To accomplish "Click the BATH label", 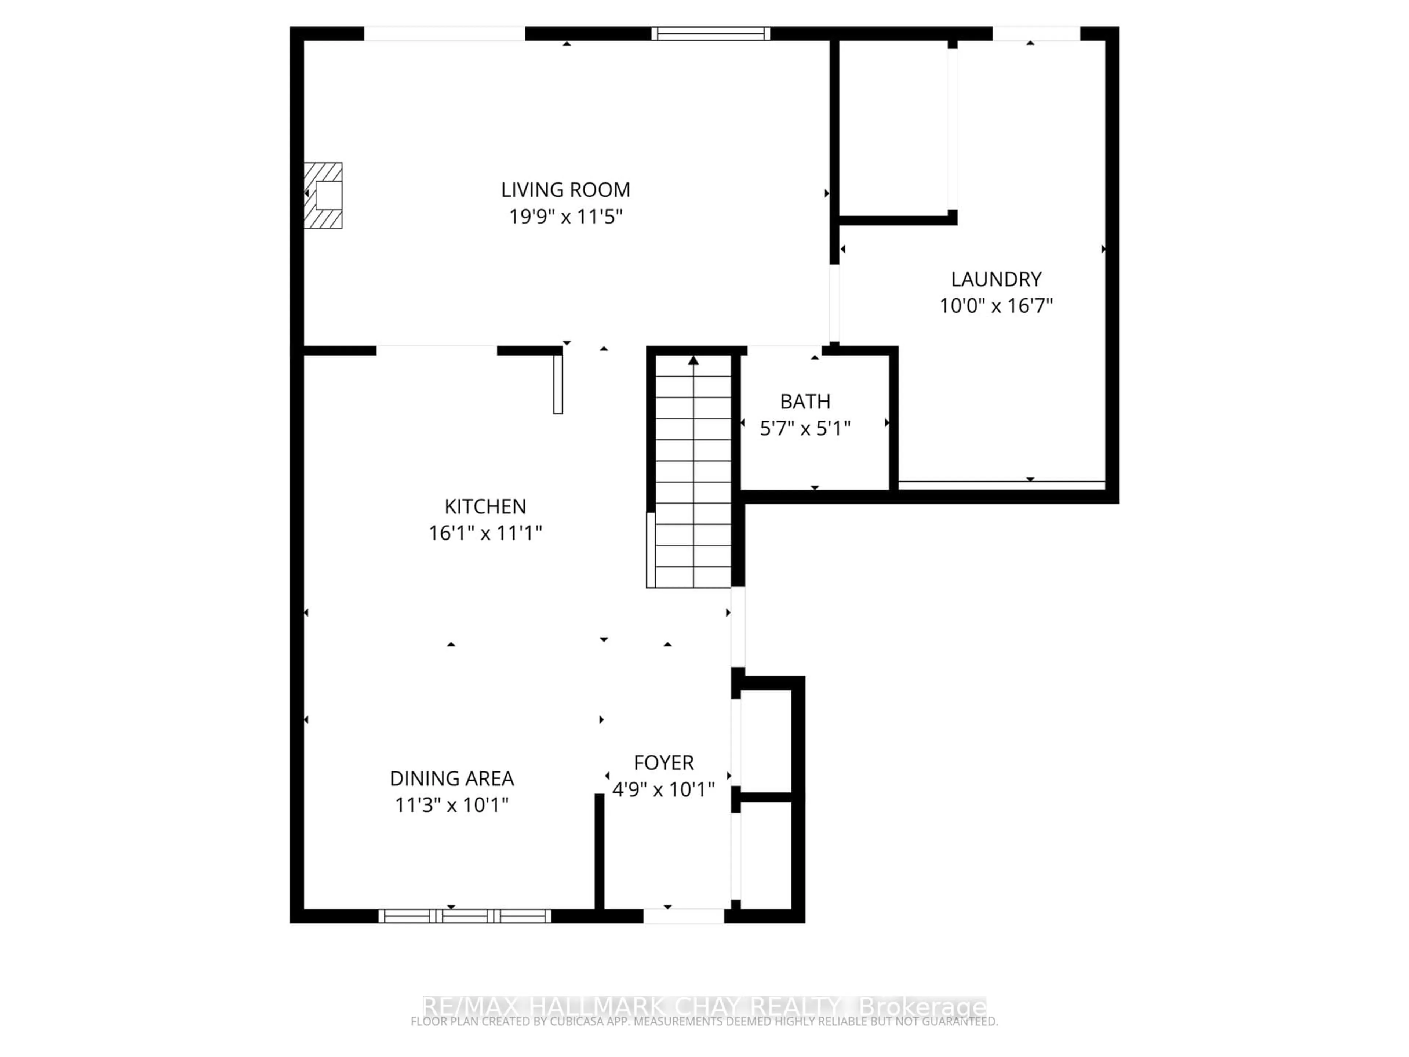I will tap(805, 402).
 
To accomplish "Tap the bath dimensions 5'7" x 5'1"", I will tap(805, 428).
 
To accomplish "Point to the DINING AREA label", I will tap(452, 778).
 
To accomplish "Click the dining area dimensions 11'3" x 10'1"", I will tap(452, 805).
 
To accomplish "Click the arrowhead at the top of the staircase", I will tap(693, 361).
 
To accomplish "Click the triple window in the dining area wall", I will tap(465, 916).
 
